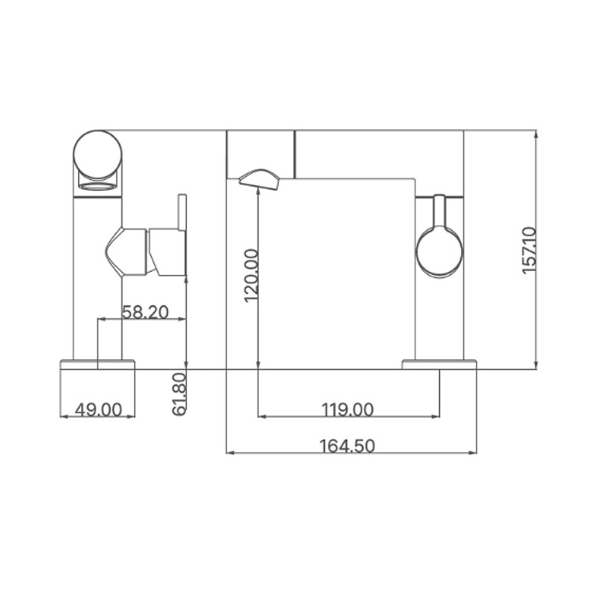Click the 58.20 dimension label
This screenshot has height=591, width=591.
[146, 312]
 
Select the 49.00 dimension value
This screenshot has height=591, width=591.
[98, 410]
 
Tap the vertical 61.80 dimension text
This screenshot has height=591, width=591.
[180, 394]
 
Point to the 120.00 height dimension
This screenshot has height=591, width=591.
[252, 275]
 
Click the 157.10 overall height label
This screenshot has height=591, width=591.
[530, 251]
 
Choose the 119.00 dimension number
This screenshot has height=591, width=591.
[348, 410]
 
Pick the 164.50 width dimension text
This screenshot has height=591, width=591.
[348, 446]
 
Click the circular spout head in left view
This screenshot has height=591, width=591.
[98, 154]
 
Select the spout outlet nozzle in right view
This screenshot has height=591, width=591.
[260, 180]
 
